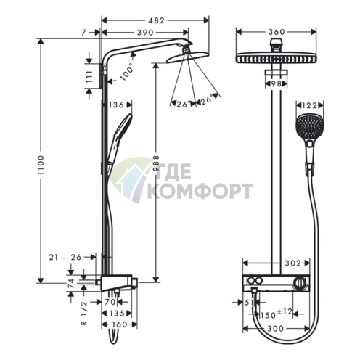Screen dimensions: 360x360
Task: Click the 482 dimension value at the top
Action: pos(156,20)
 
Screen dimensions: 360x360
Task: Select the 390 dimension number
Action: pos(145,33)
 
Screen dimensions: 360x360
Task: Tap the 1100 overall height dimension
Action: pos(41,165)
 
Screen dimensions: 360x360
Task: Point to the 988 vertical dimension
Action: pos(156,164)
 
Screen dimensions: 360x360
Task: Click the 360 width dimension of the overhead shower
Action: pos(277,32)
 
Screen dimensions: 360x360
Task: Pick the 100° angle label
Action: pos(127,71)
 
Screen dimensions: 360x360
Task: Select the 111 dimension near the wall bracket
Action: pos(89,76)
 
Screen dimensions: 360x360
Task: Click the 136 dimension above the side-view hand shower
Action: pos(116,105)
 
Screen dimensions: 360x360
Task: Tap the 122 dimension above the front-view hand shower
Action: pos(310,105)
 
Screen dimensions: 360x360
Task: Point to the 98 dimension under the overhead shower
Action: pos(276,83)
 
